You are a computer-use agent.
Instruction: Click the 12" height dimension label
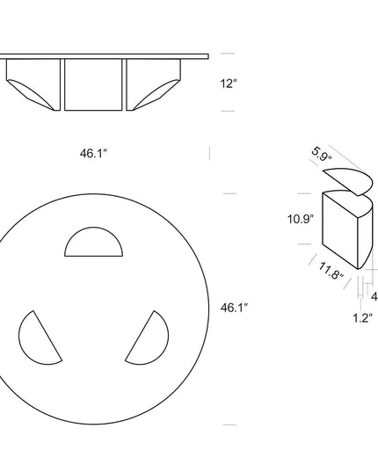(x=229, y=84)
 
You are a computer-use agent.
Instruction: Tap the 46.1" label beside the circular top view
(x=233, y=308)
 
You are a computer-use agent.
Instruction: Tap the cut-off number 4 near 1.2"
(x=374, y=296)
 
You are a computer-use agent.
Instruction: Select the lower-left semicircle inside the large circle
(x=37, y=338)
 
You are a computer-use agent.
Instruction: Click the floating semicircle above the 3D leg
(x=347, y=183)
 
